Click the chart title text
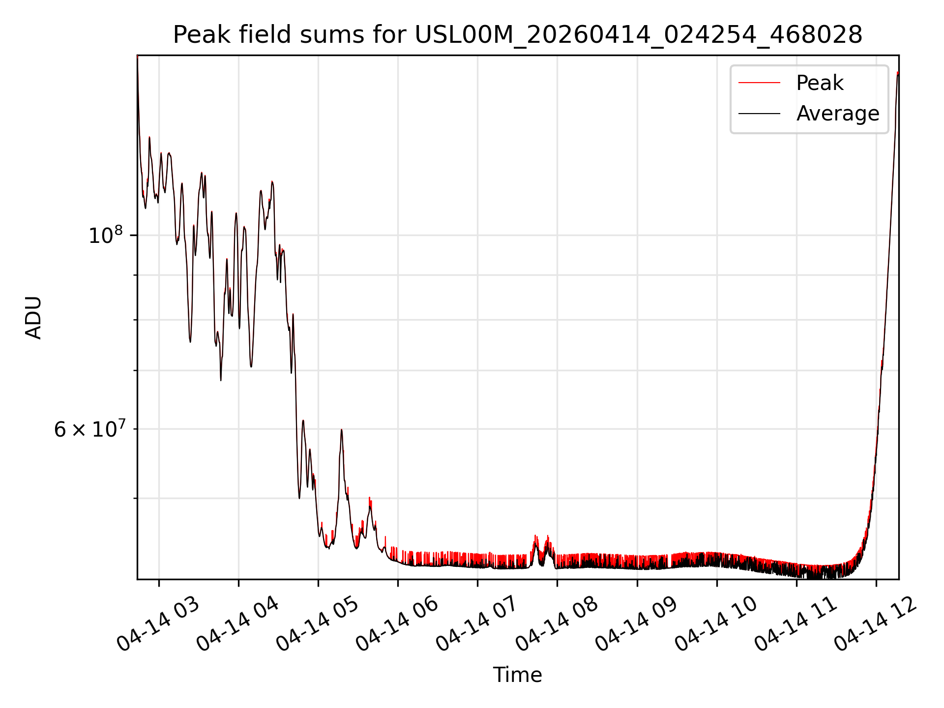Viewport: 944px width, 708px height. click(518, 35)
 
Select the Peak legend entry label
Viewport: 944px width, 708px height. click(820, 83)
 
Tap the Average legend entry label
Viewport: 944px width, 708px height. click(838, 114)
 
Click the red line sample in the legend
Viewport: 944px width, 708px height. click(759, 83)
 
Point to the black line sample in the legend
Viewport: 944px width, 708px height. click(759, 114)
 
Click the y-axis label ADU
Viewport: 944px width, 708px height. click(33, 318)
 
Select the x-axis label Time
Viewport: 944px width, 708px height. click(518, 675)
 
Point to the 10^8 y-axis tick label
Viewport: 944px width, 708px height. click(105, 235)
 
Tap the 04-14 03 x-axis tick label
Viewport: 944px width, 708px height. click(158, 624)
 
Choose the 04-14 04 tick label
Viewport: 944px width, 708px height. click(238, 624)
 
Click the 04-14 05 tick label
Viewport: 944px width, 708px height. click(318, 624)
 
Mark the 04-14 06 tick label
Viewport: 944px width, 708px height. click(397, 624)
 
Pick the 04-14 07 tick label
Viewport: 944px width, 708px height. click(477, 624)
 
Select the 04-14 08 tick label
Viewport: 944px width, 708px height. click(557, 624)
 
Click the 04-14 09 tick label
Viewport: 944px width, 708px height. click(637, 624)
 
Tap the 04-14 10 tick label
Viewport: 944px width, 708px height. click(716, 624)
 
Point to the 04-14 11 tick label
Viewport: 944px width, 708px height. click(796, 624)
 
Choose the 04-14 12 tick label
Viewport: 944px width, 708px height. click(876, 624)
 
